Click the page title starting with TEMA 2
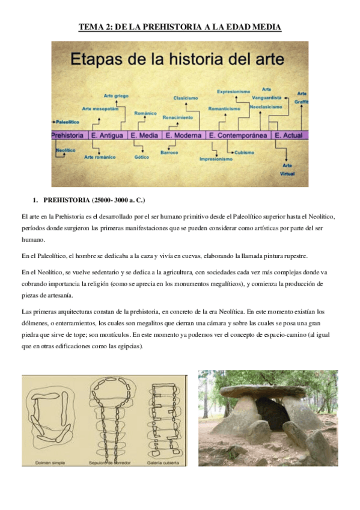click(x=180, y=27)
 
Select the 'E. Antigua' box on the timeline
click(x=107, y=136)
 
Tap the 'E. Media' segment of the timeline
click(x=144, y=136)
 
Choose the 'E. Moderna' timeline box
click(x=183, y=136)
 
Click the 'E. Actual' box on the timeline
click(x=289, y=136)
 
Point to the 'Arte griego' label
click(x=116, y=96)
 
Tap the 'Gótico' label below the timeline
click(x=141, y=158)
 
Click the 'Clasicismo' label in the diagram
click(x=186, y=97)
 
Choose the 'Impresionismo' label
click(x=216, y=159)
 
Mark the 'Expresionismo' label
click(x=233, y=91)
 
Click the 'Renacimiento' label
click(x=178, y=117)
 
